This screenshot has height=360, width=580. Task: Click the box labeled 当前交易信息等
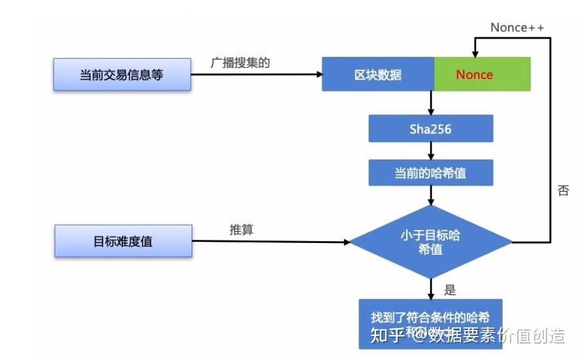[122, 74]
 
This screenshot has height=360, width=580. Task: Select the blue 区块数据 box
[378, 74]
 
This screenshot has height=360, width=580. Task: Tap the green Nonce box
[483, 74]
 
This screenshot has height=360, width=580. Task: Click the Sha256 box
[430, 129]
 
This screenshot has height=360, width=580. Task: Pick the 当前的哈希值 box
[430, 173]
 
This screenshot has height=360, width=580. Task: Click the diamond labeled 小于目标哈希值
[430, 242]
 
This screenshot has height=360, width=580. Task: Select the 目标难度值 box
[123, 241]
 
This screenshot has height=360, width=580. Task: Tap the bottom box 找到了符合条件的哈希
[430, 319]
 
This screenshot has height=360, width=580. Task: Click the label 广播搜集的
[240, 63]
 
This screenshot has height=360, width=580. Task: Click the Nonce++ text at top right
[517, 27]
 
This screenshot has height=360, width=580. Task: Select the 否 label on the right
[562, 191]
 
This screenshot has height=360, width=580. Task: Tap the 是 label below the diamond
[450, 289]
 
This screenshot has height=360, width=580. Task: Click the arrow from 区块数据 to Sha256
[431, 103]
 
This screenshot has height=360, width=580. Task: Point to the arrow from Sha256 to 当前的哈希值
[431, 152]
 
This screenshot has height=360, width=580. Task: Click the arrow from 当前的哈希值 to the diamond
[431, 195]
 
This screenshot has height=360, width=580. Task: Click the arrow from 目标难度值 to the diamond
[271, 242]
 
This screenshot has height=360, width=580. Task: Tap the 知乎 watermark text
[390, 336]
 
